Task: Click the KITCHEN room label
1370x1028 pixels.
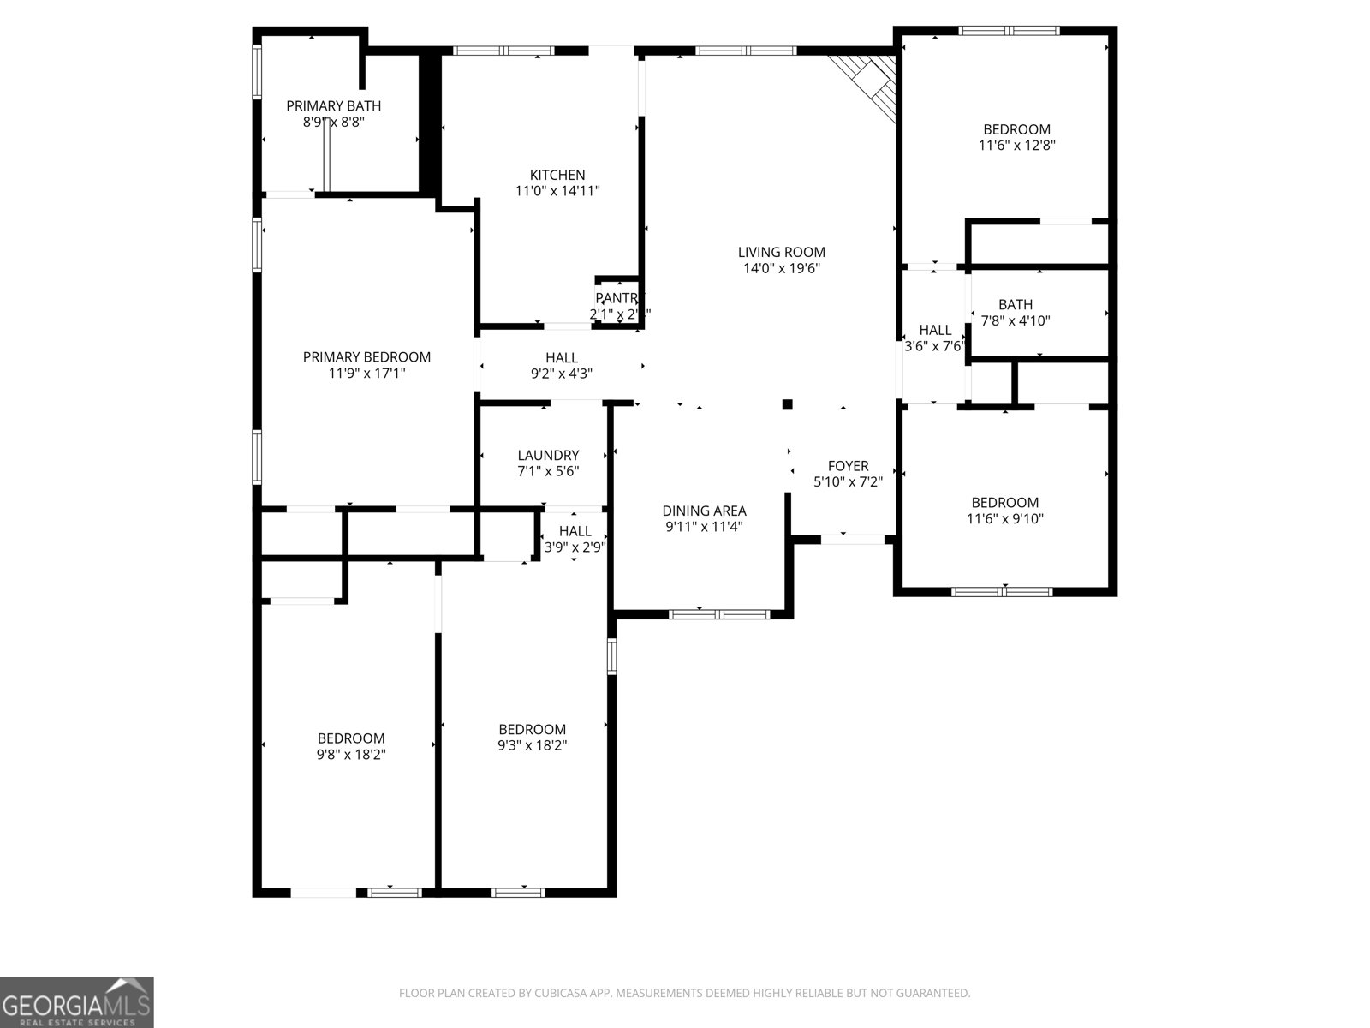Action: [x=557, y=175]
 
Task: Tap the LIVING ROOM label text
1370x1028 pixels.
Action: [x=782, y=252]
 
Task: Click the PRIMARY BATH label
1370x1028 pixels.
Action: [x=333, y=105]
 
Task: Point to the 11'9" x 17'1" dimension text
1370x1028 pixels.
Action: [x=366, y=374]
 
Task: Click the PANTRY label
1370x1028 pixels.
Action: [x=617, y=298]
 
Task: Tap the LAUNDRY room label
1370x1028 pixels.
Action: [x=548, y=455]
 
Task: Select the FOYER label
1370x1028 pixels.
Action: [x=848, y=465]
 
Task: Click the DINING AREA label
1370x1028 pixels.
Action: [x=704, y=511]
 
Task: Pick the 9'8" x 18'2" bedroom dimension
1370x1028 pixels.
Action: [x=351, y=755]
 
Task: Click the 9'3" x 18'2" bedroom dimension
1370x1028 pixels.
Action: [x=532, y=745]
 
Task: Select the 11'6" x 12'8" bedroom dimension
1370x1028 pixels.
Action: [x=1016, y=146]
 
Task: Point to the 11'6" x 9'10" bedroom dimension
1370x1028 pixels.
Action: [x=1004, y=518]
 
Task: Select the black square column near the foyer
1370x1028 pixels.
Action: [x=788, y=404]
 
